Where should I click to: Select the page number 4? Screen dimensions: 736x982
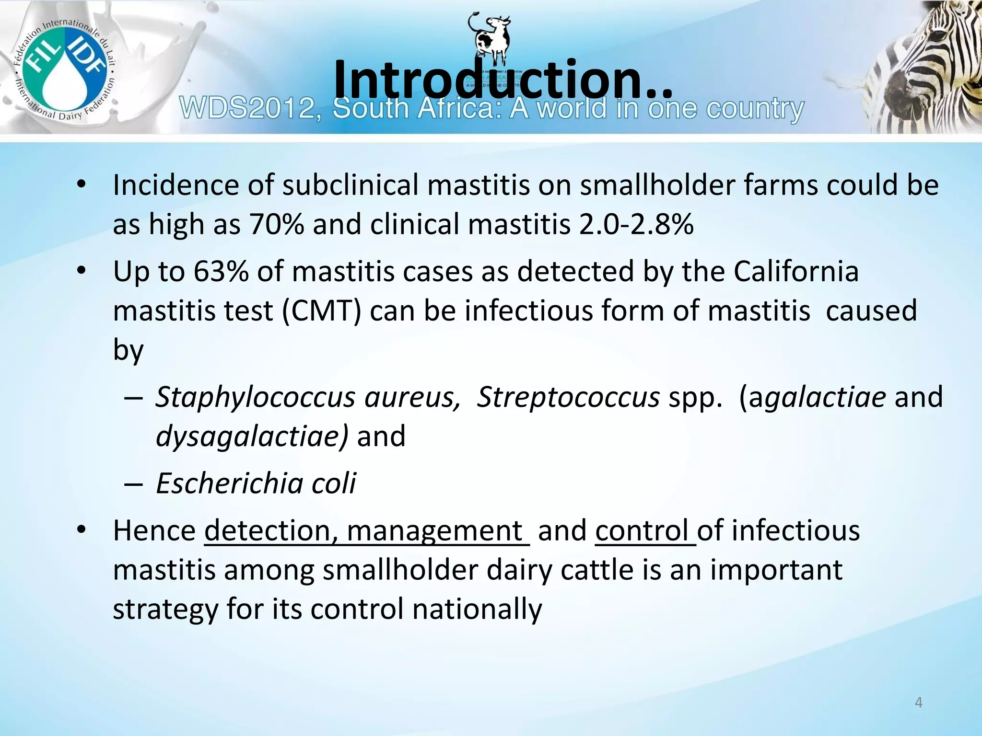click(x=919, y=702)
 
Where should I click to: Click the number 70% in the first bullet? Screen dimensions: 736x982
click(x=276, y=224)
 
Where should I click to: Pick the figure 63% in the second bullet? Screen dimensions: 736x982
click(x=221, y=272)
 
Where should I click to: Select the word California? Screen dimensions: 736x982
click(x=796, y=272)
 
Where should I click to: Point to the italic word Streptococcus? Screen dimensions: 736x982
click(x=568, y=397)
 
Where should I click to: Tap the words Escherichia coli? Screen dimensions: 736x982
click(x=256, y=483)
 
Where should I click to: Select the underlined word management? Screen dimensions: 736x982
click(x=434, y=531)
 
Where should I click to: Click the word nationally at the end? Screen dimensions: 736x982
click(x=477, y=609)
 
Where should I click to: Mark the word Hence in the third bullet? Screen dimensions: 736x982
click(x=154, y=531)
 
